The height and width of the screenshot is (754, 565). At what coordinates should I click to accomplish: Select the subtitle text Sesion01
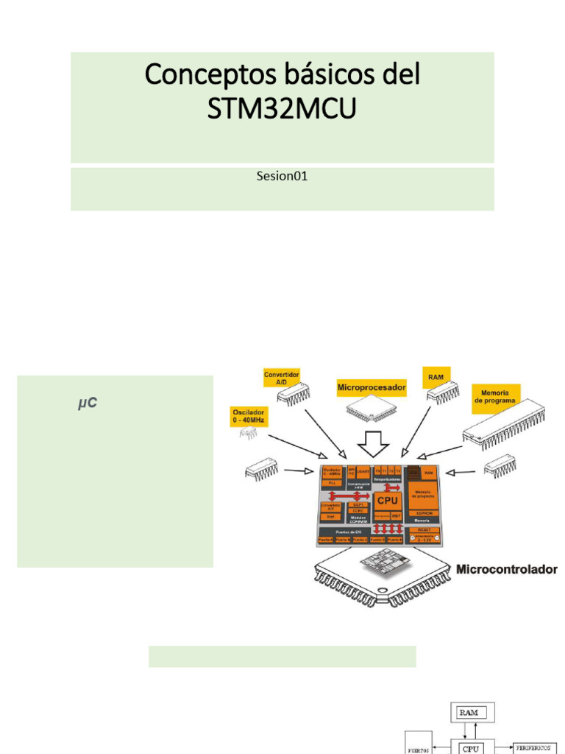pos(282,176)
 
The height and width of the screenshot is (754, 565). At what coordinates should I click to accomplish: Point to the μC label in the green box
pos(88,404)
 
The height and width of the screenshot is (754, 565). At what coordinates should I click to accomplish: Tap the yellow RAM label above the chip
pos(436,376)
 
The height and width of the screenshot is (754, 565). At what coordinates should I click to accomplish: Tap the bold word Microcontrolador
pos(507,569)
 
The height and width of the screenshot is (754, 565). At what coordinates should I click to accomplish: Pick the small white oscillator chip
pos(247,437)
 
